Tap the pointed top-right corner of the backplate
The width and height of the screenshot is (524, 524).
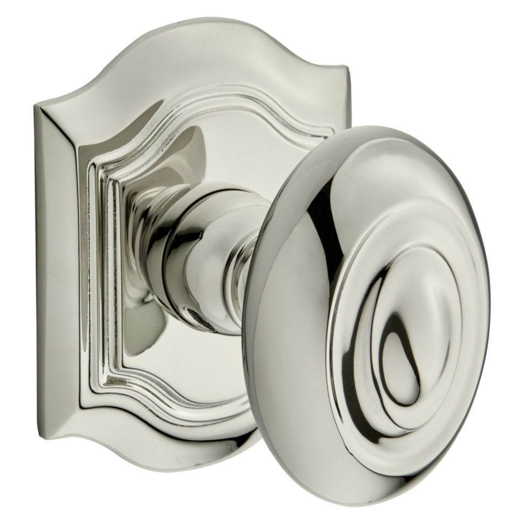(343, 68)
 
